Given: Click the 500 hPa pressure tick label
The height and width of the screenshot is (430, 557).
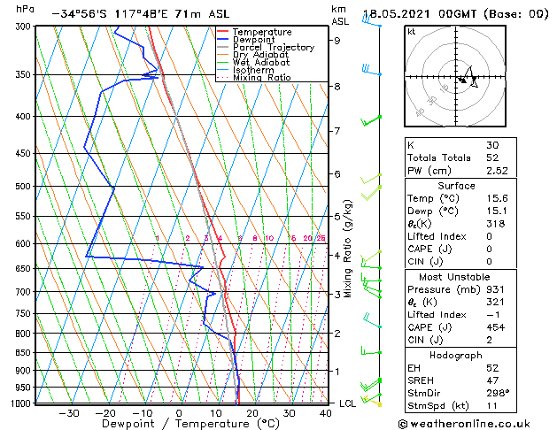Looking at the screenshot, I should click(20, 187).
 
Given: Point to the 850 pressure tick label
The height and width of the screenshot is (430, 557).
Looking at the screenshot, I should click(20, 352).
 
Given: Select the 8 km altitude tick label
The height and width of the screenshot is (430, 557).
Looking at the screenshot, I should click(337, 87).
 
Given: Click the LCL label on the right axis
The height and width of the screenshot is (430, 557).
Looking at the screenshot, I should click(348, 403).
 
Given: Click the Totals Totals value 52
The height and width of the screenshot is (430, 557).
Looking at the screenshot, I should click(491, 157).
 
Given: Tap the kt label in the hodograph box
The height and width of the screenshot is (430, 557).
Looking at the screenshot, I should click(411, 31).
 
